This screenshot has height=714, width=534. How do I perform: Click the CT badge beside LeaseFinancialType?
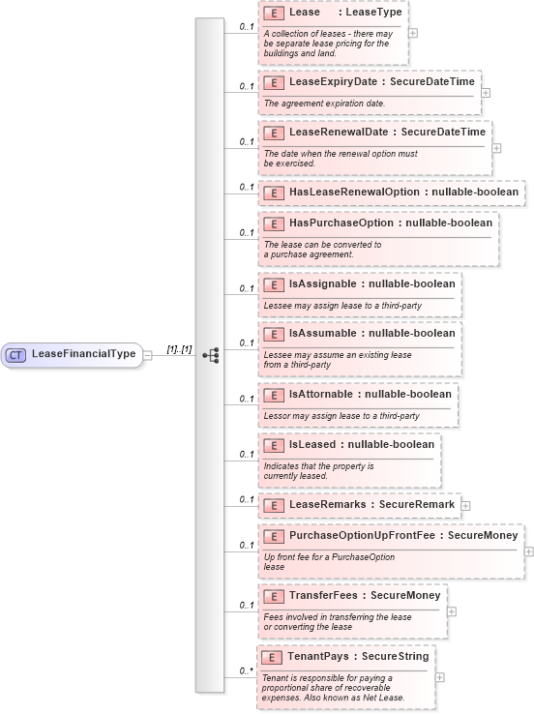click(16, 355)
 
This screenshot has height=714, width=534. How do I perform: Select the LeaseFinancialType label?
click(84, 354)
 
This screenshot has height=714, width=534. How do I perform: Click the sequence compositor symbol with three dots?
click(211, 355)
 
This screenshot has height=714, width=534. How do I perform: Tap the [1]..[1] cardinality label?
click(179, 349)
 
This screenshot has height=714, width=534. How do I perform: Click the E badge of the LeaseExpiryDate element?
click(274, 82)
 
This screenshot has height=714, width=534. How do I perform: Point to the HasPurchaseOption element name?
click(342, 223)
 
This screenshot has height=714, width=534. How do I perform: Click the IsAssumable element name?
click(324, 334)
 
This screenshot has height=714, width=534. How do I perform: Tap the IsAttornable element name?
click(323, 395)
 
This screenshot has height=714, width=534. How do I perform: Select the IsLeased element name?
click(315, 444)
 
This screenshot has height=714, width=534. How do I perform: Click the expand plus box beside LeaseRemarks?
click(465, 505)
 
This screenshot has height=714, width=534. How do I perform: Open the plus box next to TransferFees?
click(452, 611)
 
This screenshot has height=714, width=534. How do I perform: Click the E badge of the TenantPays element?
click(272, 658)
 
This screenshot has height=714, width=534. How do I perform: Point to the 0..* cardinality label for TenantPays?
click(247, 669)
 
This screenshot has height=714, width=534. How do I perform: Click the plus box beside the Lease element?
click(413, 32)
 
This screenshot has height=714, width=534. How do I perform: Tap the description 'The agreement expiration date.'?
click(324, 104)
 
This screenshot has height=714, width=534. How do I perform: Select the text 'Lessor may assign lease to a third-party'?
click(341, 416)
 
